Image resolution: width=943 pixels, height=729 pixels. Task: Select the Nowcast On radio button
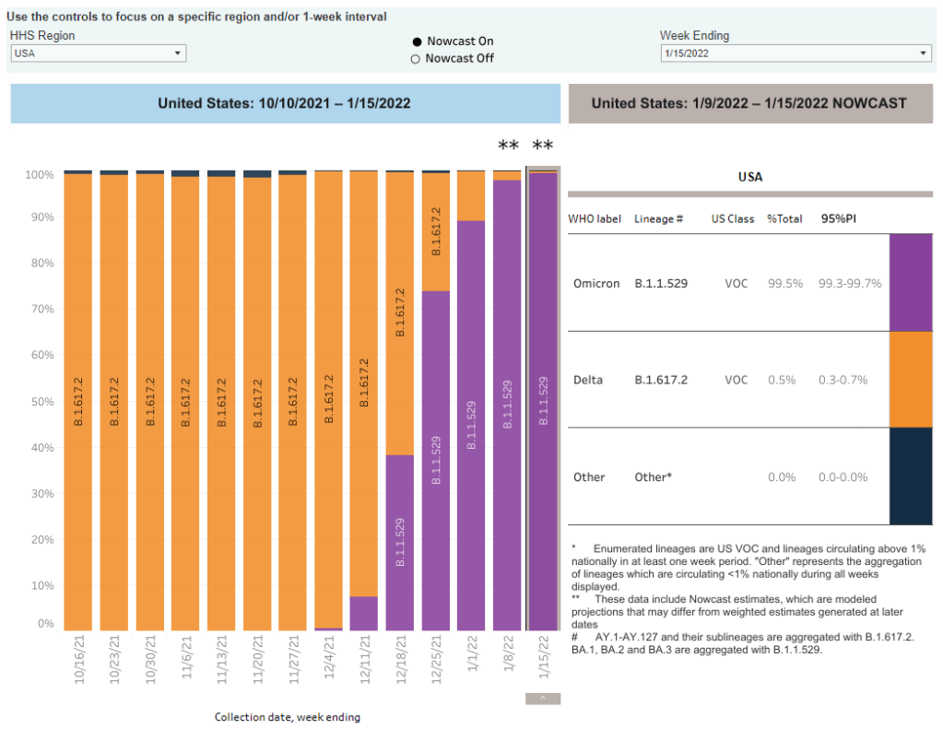point(417,41)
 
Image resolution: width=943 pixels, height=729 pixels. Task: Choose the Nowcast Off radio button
point(416,59)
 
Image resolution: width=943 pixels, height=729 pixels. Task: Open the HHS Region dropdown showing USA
point(98,53)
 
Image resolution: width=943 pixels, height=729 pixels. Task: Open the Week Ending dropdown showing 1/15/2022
point(796,53)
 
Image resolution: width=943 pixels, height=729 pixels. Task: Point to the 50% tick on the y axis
point(41,402)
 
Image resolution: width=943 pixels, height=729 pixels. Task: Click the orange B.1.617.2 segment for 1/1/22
point(472,195)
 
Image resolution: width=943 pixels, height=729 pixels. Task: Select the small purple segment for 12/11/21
point(364,613)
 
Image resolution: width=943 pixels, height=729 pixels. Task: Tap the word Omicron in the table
point(595,283)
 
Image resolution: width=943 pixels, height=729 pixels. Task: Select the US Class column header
point(732,219)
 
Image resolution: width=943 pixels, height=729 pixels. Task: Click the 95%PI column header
point(841,219)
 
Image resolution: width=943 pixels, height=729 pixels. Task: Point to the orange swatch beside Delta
point(910,379)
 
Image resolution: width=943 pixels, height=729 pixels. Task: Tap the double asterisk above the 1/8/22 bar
point(508,146)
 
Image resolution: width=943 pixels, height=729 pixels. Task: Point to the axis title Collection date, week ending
point(288,717)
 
